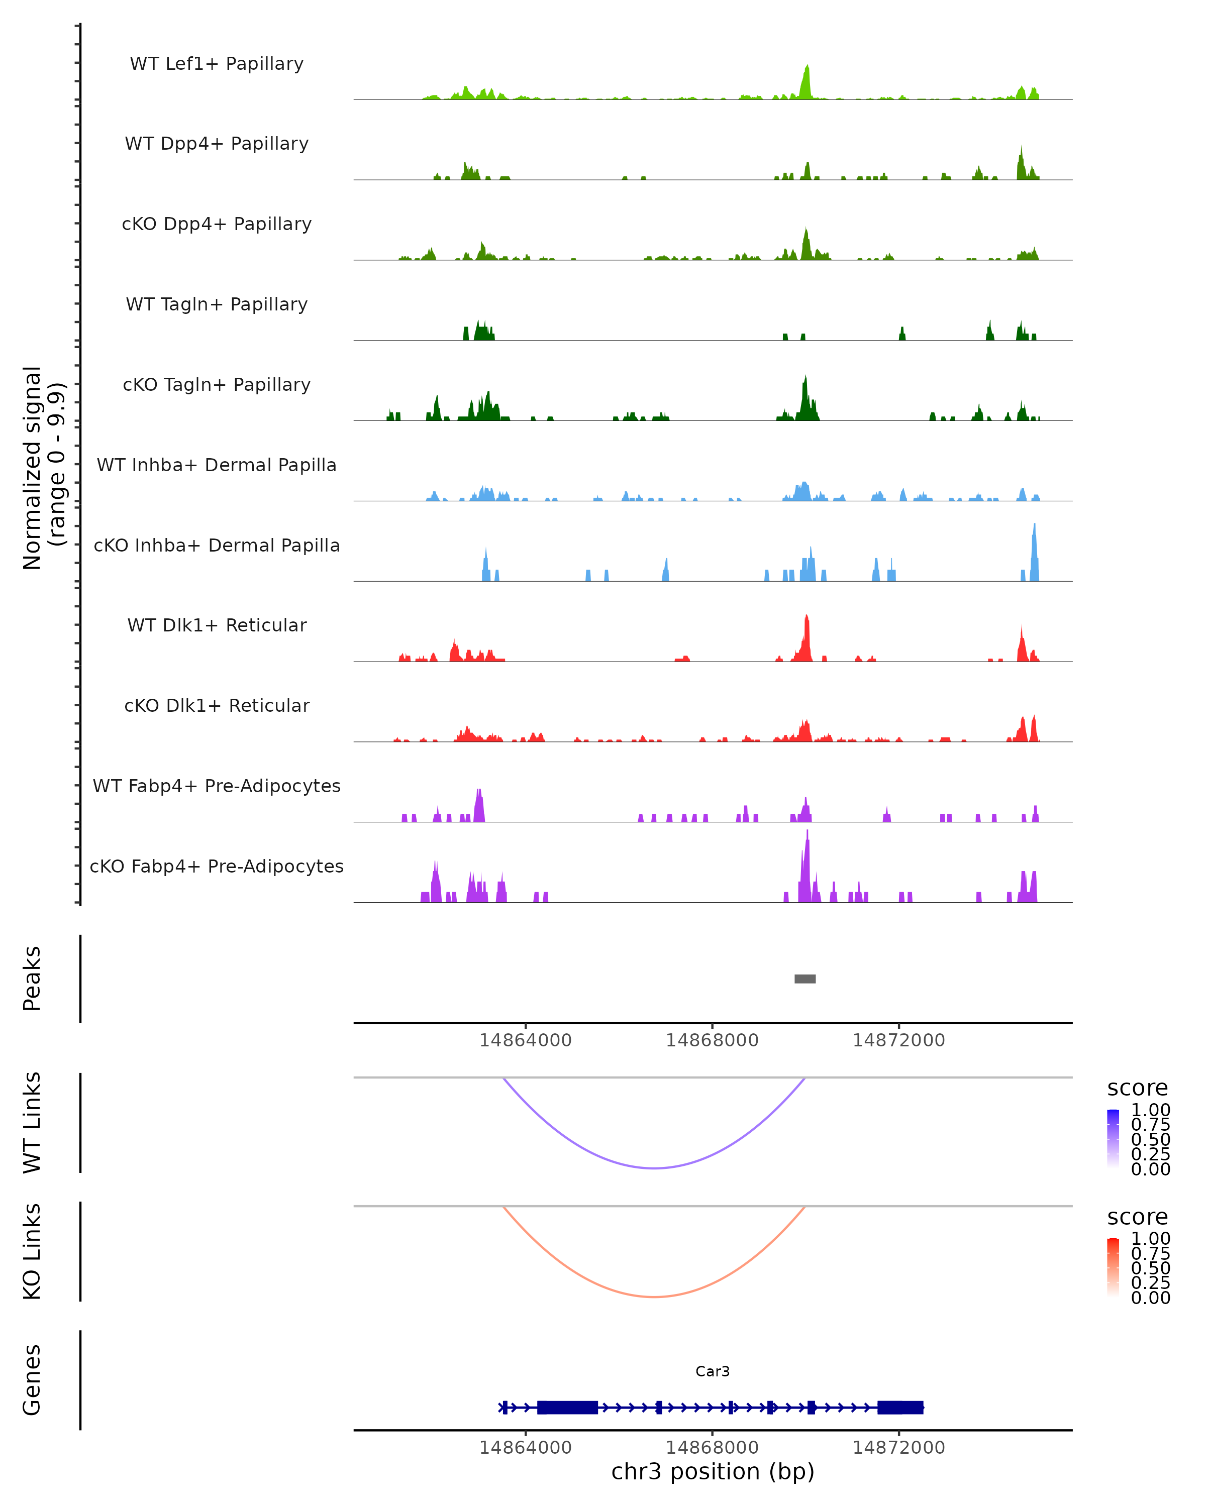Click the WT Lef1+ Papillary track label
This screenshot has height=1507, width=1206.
tap(217, 64)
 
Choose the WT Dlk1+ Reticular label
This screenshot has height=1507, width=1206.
tap(217, 625)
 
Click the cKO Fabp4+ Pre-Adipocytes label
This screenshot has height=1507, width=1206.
tap(217, 866)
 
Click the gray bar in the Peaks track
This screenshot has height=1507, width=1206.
tap(805, 979)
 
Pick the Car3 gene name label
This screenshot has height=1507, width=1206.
tap(713, 1371)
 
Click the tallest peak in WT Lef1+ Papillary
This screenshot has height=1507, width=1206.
tap(808, 68)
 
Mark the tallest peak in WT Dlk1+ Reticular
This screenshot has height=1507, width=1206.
tap(807, 618)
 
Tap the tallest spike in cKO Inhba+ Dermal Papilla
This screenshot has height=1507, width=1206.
tap(1035, 526)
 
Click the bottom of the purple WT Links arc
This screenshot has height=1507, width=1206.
tap(654, 1168)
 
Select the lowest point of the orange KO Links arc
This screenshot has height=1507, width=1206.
tap(654, 1297)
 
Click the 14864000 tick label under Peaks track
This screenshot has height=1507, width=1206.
tap(525, 1041)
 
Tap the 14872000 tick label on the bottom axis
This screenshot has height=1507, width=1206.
tap(898, 1448)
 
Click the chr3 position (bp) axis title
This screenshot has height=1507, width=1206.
tap(713, 1472)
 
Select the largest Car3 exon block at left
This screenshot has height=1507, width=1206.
tap(567, 1408)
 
